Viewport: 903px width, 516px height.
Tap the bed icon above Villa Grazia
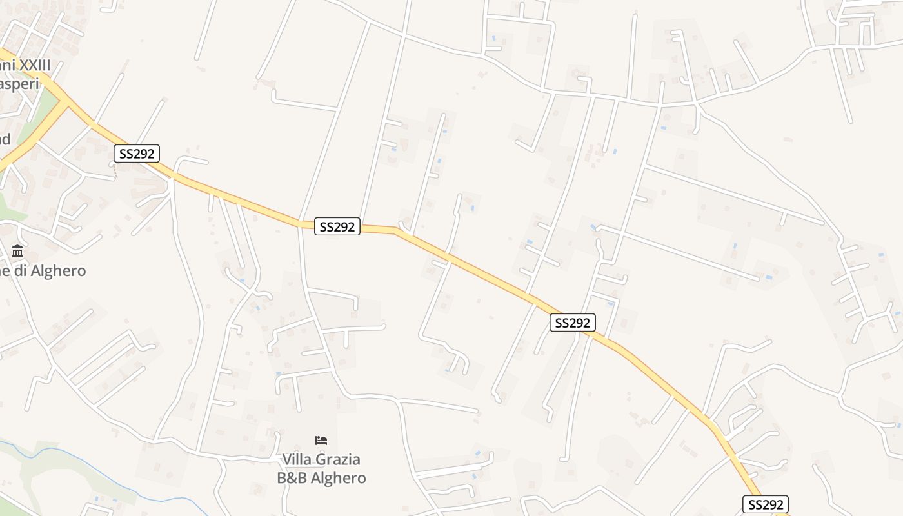point(321,441)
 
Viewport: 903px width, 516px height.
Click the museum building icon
point(17,251)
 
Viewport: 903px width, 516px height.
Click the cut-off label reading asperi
point(19,84)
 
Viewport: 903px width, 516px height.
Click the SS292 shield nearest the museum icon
point(137,154)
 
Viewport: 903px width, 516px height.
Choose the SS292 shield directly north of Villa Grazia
point(337,226)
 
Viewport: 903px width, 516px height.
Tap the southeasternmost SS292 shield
point(766,504)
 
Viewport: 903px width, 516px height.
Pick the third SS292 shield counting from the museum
point(573,322)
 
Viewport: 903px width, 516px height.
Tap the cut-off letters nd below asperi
point(5,139)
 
